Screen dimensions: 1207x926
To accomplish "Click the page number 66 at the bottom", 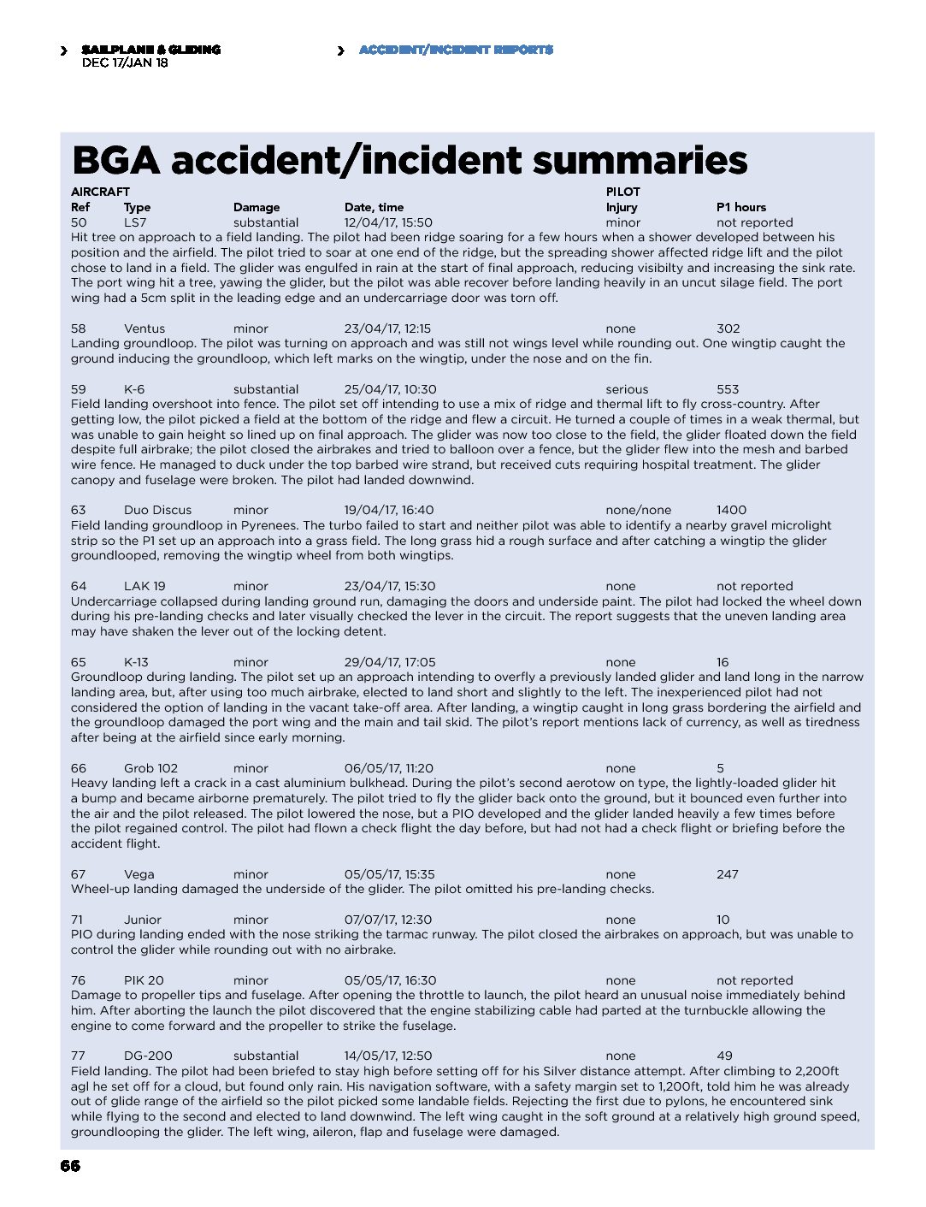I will click(x=70, y=1166).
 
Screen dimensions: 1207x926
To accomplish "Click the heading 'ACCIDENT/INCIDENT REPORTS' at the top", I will click(x=456, y=50).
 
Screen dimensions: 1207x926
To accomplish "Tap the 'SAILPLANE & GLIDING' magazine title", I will click(x=151, y=50).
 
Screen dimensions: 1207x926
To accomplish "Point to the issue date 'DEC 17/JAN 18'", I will click(x=125, y=62).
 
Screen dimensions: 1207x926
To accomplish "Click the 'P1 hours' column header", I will click(x=740, y=207).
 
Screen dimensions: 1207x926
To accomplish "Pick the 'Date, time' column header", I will click(x=374, y=207).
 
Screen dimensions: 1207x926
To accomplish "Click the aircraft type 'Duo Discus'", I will click(x=157, y=510).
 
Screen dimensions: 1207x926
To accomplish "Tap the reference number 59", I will click(x=79, y=389).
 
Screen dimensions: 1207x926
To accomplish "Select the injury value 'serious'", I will click(x=627, y=389).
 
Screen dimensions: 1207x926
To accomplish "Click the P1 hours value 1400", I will click(x=731, y=510).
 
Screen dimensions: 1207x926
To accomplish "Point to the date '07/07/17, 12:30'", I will click(x=388, y=920).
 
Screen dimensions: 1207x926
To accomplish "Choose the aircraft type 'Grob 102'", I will click(x=150, y=768).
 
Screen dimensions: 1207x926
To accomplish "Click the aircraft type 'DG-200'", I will click(x=148, y=1056).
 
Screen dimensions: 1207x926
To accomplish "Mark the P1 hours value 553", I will click(x=728, y=389).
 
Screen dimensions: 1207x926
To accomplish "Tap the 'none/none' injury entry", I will click(x=638, y=510).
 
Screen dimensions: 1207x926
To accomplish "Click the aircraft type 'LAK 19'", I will click(x=145, y=586).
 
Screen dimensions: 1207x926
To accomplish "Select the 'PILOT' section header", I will click(x=622, y=192).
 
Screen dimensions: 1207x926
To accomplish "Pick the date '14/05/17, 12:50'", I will click(x=388, y=1056).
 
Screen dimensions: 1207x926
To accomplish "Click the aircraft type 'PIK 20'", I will click(x=144, y=980).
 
